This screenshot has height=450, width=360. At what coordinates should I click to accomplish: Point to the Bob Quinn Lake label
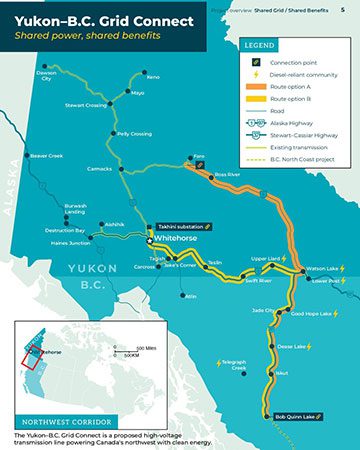(x=295, y=415)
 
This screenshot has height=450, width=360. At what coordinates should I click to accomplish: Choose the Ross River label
(x=227, y=174)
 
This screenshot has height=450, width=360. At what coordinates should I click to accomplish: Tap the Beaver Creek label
(x=46, y=156)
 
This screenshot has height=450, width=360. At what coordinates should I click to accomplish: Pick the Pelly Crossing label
(x=134, y=133)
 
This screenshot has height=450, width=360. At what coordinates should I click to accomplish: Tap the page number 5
(x=343, y=8)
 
